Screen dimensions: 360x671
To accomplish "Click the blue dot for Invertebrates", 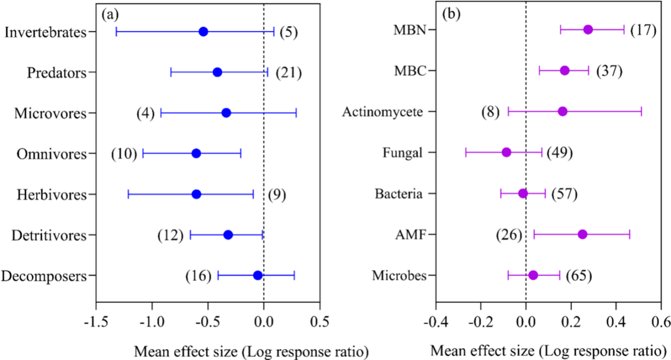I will click(203, 32).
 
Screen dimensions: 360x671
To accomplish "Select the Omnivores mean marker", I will click(196, 153).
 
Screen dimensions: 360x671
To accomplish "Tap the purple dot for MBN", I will click(588, 30).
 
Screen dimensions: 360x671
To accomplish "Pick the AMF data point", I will click(582, 234).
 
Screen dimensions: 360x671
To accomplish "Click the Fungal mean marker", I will click(507, 152).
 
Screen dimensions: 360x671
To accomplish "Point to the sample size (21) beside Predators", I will click(289, 72).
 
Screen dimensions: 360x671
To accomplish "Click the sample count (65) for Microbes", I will click(578, 275).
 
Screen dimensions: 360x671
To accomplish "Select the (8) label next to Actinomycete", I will click(490, 112).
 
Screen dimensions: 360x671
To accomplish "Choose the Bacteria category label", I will click(398, 193).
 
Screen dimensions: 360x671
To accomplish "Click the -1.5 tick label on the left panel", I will click(96, 322).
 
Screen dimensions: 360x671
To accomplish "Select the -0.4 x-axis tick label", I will click(436, 322).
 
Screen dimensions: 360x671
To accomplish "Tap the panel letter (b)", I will click(451, 14).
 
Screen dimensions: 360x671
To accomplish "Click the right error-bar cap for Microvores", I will click(296, 113).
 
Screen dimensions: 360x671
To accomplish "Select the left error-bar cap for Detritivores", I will click(190, 235).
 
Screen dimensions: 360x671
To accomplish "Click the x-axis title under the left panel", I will click(251, 350).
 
